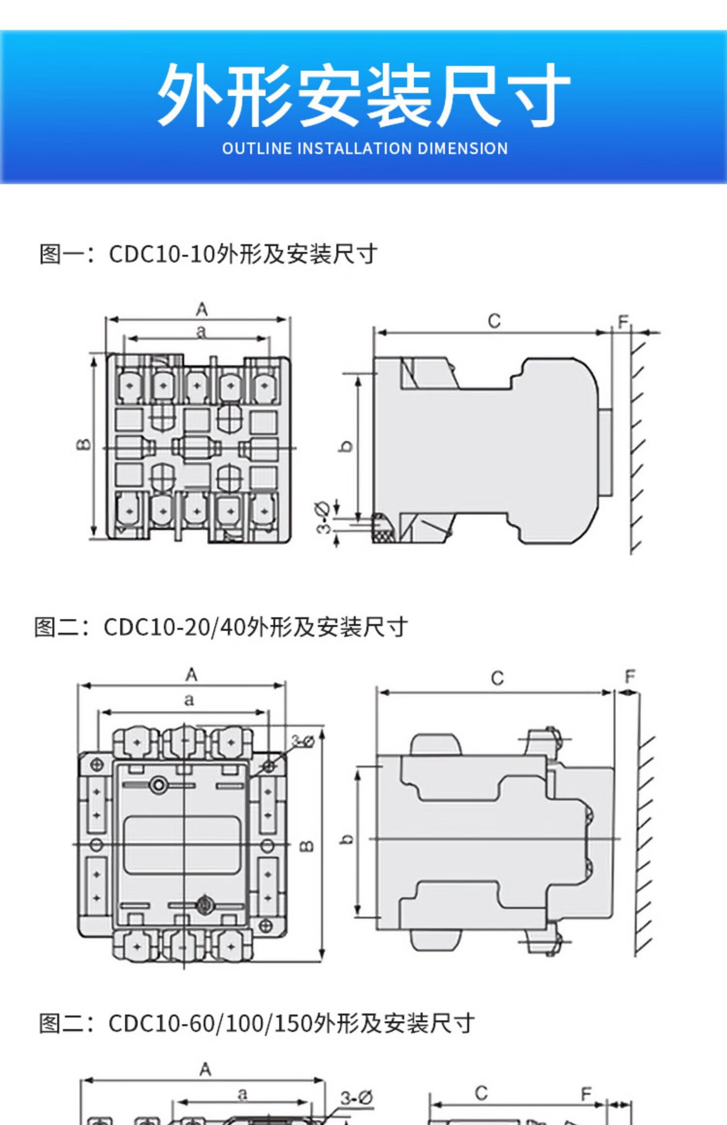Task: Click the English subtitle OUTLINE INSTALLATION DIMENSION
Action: click(364, 148)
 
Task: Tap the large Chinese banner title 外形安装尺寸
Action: click(363, 95)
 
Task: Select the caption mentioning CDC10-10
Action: click(208, 254)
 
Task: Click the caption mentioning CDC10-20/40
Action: click(221, 627)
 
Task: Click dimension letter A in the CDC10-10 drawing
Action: click(202, 310)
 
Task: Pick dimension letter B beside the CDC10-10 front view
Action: click(83, 444)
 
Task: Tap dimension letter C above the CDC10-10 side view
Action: click(494, 321)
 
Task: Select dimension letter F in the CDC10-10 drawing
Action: click(623, 321)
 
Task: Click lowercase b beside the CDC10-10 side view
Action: click(346, 446)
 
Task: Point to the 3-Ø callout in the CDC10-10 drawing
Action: click(323, 518)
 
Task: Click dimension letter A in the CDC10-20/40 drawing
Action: click(191, 674)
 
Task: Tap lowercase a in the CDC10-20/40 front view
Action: click(189, 700)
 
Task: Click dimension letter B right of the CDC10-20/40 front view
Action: click(307, 846)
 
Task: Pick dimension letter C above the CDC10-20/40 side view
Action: click(497, 678)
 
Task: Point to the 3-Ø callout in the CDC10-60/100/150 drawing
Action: click(356, 1098)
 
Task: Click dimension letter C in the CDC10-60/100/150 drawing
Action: click(481, 1093)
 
